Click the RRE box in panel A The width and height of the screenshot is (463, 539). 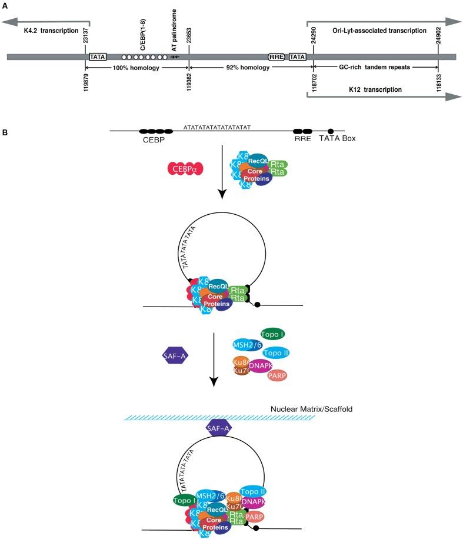(x=276, y=56)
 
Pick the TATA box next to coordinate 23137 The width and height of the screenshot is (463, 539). (x=98, y=56)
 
